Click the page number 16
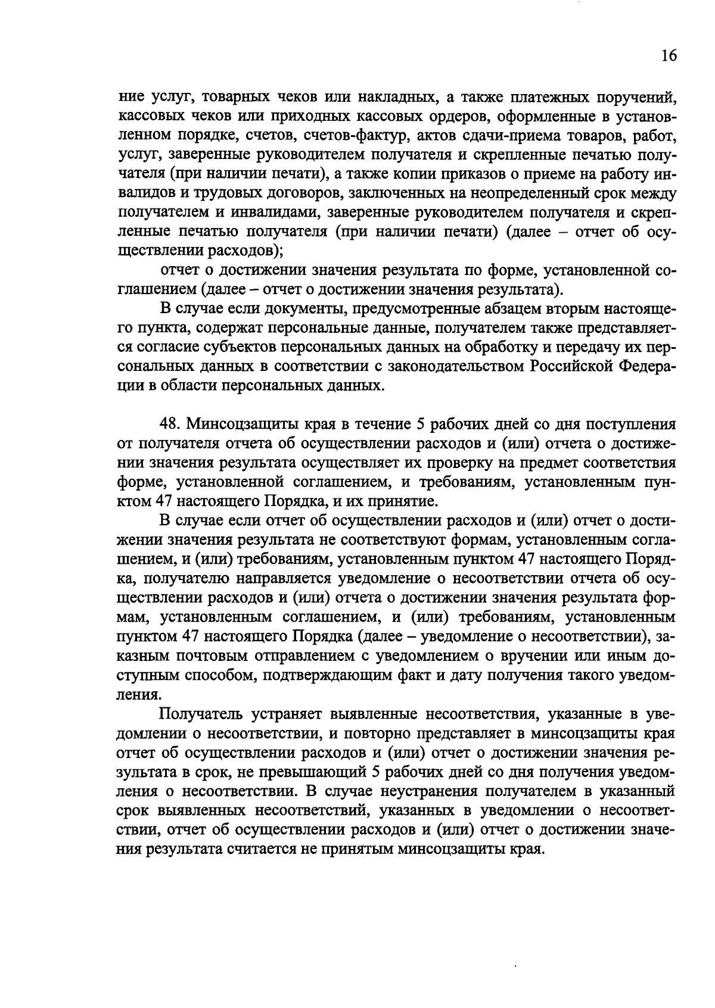tap(669, 55)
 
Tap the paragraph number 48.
tap(170, 424)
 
